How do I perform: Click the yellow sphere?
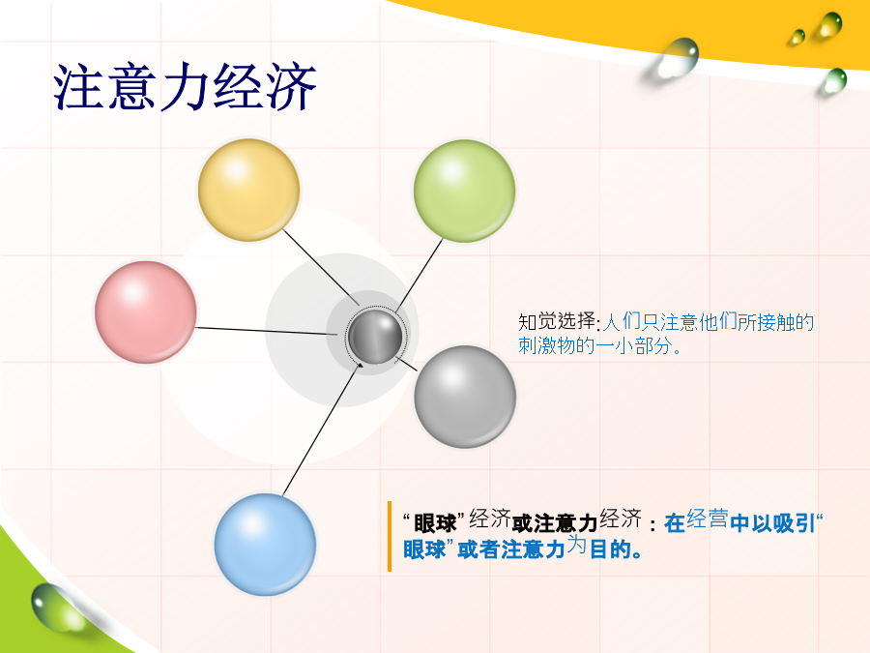point(248,190)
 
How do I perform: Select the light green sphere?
point(464,191)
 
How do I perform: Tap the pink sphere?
point(145,312)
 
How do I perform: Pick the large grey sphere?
point(465,397)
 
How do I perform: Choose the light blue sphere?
point(265,545)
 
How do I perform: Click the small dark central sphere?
point(375,337)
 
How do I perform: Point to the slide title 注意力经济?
point(185,87)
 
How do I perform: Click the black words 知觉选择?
point(557,321)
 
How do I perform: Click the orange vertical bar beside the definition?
point(390,536)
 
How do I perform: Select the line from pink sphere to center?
point(267,331)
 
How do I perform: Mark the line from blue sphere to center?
point(323,429)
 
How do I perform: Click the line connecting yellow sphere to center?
point(321,268)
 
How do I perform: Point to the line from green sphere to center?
point(419,276)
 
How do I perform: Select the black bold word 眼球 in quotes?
point(435,523)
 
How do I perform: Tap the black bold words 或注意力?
point(554,523)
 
